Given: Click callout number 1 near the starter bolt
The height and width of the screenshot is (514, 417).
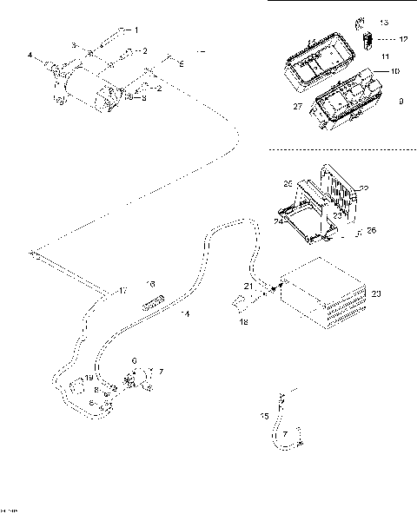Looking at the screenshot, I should pyautogui.click(x=135, y=30).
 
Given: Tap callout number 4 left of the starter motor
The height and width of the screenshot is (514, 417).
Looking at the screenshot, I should pyautogui.click(x=30, y=56).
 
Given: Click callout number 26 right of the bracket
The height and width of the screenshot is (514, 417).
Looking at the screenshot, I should pyautogui.click(x=371, y=230).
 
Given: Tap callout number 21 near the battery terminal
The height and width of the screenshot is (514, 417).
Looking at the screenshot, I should pyautogui.click(x=248, y=286).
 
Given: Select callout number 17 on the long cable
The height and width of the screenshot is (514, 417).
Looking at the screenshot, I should pyautogui.click(x=122, y=289).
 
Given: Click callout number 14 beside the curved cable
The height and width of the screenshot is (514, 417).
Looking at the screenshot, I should pyautogui.click(x=184, y=313).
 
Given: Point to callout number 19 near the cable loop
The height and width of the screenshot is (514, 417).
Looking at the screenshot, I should pyautogui.click(x=89, y=379).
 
